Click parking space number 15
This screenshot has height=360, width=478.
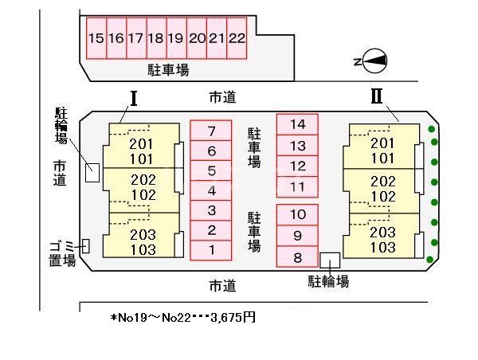96,38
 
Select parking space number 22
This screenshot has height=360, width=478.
237,38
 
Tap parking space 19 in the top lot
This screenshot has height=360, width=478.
177,38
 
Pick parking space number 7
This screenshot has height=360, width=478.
211,131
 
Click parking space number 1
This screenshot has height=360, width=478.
211,250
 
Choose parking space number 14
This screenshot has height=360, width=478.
297,124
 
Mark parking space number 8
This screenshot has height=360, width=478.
297,256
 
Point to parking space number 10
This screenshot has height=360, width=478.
297,214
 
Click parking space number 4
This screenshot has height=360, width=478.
211,190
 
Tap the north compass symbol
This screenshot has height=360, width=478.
374,61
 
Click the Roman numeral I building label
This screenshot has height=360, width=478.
134,99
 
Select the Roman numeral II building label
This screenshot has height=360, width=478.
377,96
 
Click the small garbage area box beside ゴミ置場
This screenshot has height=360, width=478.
86,246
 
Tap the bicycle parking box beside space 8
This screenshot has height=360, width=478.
330,260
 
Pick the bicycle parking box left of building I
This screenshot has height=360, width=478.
92,173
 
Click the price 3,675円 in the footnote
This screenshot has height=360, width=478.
233,318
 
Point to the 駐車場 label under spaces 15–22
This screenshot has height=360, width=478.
168,70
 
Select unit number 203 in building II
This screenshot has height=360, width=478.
383,233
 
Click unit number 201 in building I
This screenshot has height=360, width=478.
141,144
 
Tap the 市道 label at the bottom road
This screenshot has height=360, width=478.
222,286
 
